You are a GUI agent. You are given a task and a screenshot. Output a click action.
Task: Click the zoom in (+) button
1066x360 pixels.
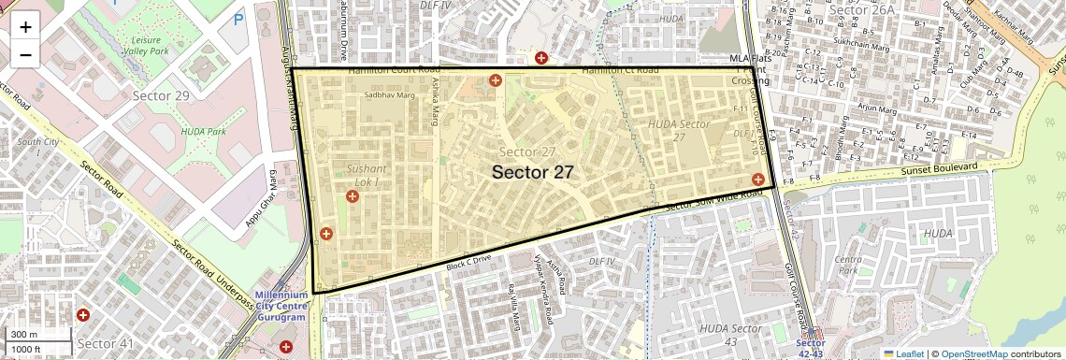click(25, 26)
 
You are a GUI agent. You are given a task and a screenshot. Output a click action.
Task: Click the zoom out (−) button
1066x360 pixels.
click(25, 54)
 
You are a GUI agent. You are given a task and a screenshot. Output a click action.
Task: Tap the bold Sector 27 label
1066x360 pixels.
click(532, 172)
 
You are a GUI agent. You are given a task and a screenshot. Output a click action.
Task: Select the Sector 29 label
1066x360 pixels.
click(161, 96)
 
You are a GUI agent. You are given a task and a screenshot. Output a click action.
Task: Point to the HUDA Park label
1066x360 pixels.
click(205, 132)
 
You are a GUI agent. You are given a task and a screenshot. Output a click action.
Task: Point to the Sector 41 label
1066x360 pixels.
click(107, 344)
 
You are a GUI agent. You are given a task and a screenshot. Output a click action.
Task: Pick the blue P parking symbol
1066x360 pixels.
click(238, 18)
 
